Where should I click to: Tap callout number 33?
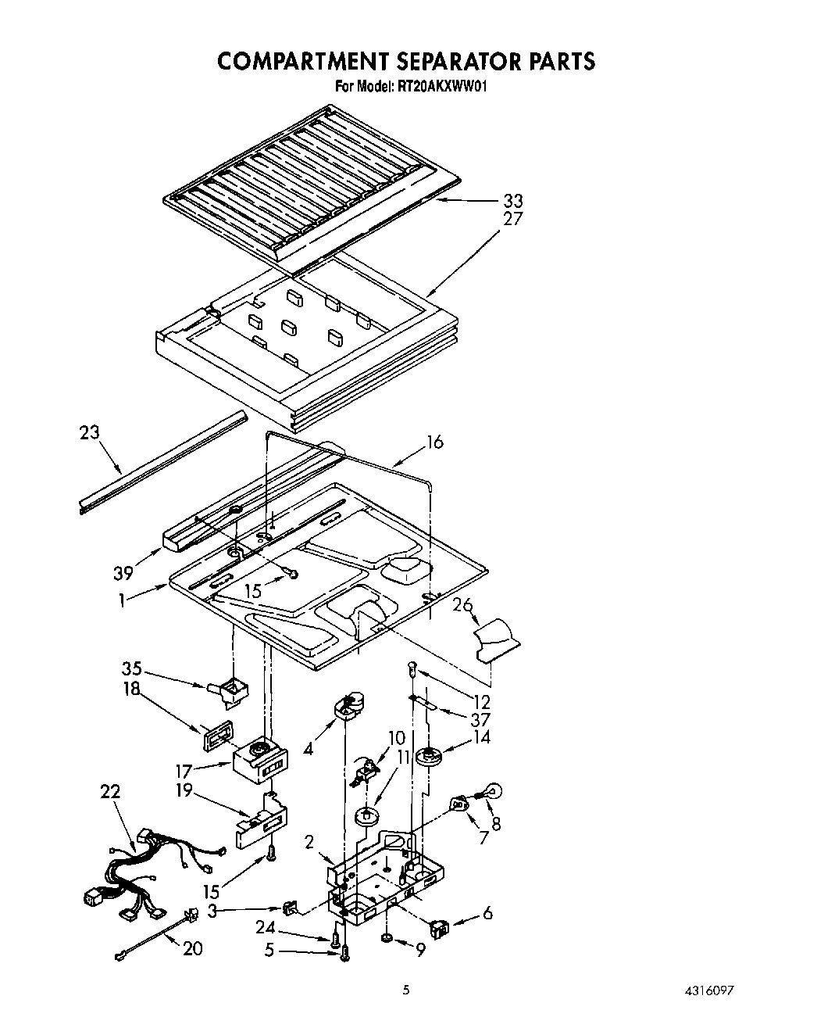pos(513,201)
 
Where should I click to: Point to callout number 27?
pos(513,220)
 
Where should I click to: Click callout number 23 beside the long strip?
pos(90,432)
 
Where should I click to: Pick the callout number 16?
pos(434,442)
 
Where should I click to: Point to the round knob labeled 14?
pos(428,755)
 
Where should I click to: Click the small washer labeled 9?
pos(387,938)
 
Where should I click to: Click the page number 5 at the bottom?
pos(406,990)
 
